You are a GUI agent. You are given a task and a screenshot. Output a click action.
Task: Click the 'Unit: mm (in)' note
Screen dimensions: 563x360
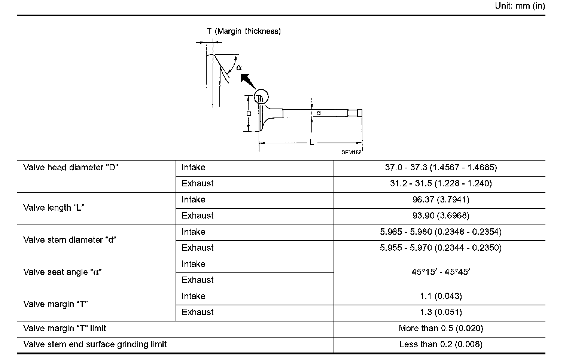[x=520, y=6]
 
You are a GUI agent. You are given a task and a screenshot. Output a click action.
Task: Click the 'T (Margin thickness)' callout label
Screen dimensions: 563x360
[x=244, y=31]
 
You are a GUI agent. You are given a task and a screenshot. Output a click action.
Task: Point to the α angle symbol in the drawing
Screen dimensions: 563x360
[x=239, y=68]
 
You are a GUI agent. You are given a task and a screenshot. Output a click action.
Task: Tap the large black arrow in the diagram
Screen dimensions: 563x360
[x=247, y=81]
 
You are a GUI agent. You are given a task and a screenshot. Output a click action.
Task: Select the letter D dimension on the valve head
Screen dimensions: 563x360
[x=249, y=113]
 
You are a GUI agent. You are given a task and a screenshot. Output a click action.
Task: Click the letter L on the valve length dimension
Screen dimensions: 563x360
[x=311, y=143]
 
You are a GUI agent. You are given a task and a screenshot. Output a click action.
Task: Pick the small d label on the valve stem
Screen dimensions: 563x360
[x=319, y=113]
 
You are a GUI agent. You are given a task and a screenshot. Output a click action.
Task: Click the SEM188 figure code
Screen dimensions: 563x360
[x=351, y=153]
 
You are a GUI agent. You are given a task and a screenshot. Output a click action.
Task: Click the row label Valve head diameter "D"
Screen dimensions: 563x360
[x=71, y=167]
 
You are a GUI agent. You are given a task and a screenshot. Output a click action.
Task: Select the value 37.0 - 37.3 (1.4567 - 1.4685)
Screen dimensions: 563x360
[x=441, y=167]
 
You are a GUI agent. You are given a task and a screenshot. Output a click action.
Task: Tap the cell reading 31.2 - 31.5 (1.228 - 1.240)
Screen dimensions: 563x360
[x=441, y=183]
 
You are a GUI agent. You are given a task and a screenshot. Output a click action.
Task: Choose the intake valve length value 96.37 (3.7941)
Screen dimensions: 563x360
[x=441, y=199]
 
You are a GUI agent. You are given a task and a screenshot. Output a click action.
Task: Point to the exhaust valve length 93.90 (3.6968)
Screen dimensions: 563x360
[x=441, y=216]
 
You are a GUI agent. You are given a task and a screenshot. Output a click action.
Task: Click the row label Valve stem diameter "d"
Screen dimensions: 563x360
[x=70, y=240]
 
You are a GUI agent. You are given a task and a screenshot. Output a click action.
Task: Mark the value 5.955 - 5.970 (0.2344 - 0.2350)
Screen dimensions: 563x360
[x=441, y=248]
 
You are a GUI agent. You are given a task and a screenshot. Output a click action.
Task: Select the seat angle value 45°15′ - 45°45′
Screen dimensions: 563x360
[x=441, y=272]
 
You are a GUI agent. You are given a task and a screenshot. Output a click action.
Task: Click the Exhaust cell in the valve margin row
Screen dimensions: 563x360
[x=198, y=312]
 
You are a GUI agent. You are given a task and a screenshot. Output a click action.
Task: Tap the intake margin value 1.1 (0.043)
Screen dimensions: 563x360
[x=441, y=296]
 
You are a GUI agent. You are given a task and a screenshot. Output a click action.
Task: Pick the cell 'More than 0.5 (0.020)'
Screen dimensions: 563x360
[x=441, y=329]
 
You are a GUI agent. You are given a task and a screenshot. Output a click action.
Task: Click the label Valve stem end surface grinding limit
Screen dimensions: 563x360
[x=95, y=344]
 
